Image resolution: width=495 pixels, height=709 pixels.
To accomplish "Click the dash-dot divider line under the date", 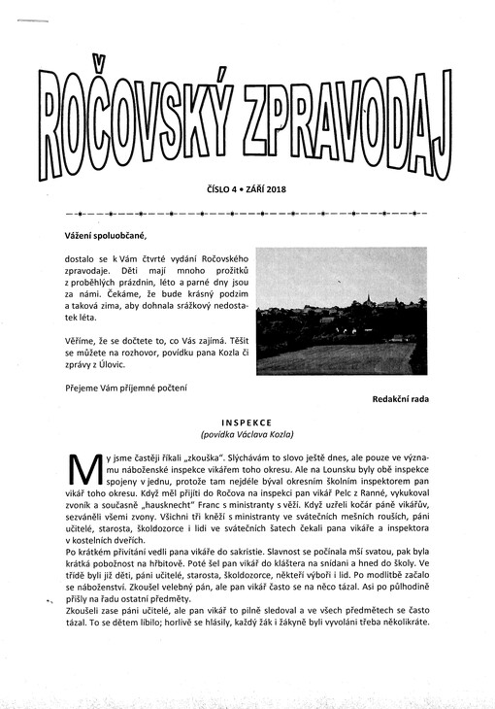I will point(247,211).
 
